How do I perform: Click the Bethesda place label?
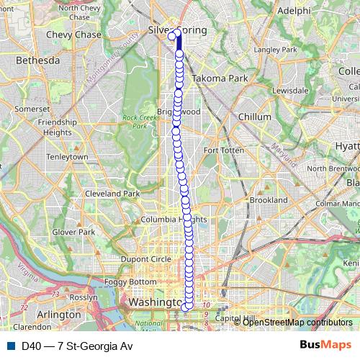tap(37, 61)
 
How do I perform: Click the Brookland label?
tap(269, 199)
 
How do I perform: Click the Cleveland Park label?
tap(112, 194)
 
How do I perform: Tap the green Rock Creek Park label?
tap(134, 122)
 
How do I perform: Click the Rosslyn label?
tap(84, 297)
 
